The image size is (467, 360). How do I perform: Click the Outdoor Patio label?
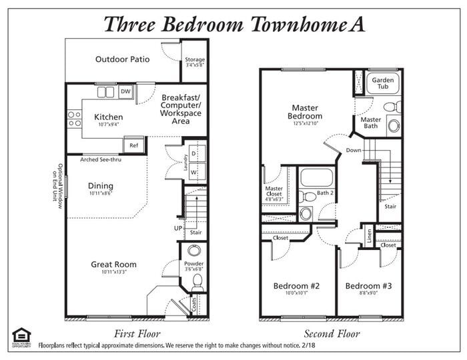tap(122, 59)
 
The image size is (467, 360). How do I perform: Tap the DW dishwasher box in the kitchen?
tap(125, 91)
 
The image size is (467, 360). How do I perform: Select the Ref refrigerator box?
tap(133, 145)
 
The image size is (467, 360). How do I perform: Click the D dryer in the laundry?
tap(193, 153)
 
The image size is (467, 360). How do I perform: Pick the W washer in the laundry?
tap(193, 171)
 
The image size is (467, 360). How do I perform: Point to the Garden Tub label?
tap(383, 83)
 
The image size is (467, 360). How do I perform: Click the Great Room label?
tap(113, 265)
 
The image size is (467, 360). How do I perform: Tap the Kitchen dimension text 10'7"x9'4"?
tap(108, 125)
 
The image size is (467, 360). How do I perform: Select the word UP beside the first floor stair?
tap(178, 228)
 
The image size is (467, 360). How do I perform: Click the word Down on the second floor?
tap(354, 151)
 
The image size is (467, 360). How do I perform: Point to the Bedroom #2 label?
tap(297, 286)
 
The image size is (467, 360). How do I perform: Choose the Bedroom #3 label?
tap(368, 286)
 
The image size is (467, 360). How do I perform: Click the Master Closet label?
tap(274, 192)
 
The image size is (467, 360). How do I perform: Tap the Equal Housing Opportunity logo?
tap(21, 336)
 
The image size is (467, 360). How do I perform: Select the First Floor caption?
tap(137, 333)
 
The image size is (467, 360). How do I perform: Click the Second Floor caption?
tap(332, 333)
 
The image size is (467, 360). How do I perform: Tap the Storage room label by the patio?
tap(195, 60)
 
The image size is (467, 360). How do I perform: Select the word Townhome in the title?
tap(288, 25)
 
